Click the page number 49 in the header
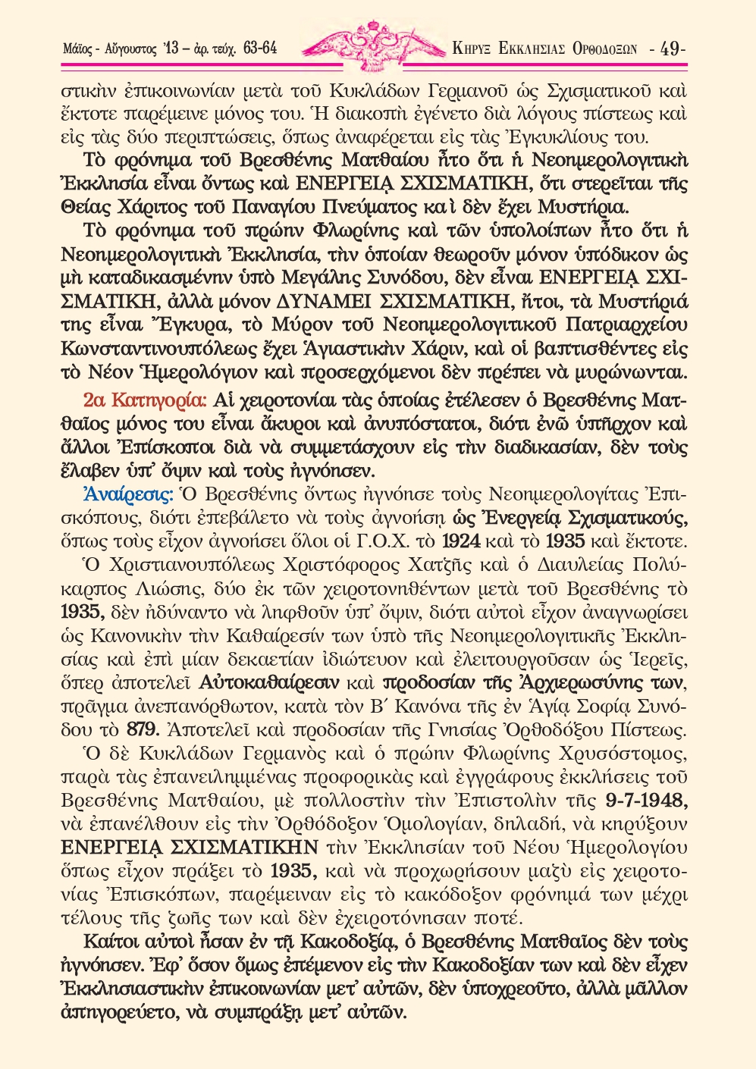click(x=670, y=49)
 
